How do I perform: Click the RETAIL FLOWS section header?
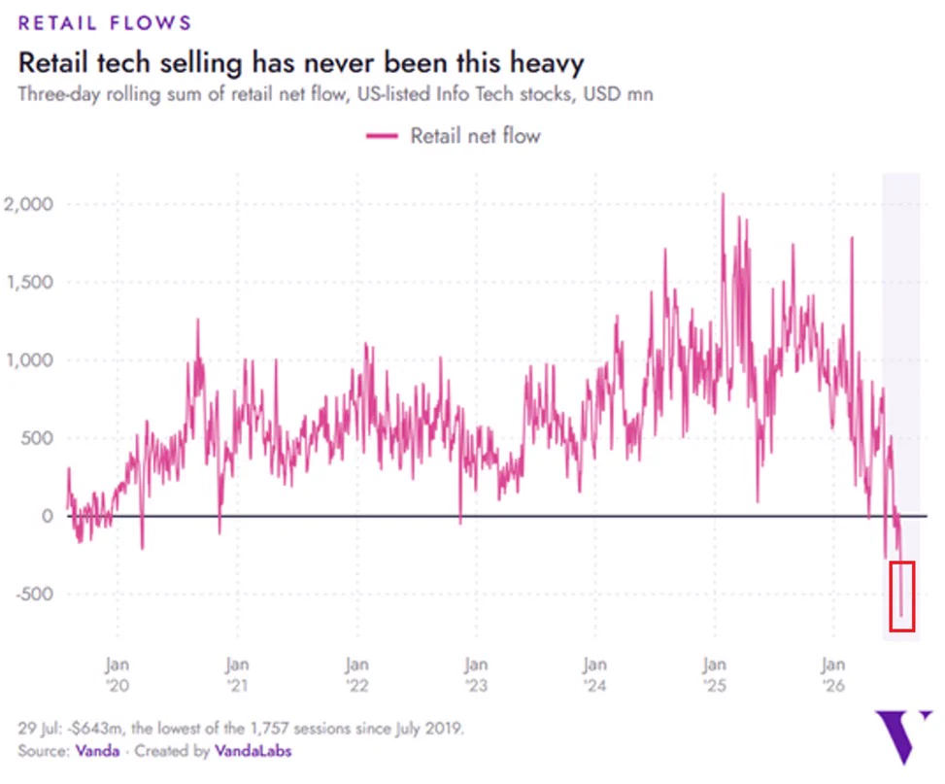point(105,23)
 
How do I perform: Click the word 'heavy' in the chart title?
point(547,63)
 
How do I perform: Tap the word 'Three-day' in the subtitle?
point(59,94)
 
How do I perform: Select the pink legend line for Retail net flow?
point(382,136)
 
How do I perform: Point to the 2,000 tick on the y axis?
point(28,204)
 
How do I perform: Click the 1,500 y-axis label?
point(29,283)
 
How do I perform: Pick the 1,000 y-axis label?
point(29,360)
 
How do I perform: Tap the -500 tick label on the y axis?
point(34,594)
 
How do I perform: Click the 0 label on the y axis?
point(47,516)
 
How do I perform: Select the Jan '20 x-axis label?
point(118,675)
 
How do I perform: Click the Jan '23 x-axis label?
point(476,675)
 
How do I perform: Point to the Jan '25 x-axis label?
point(714,675)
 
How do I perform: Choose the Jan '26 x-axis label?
point(833,675)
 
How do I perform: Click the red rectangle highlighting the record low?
point(891,597)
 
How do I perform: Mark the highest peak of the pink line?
point(724,194)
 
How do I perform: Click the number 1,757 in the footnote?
point(267,729)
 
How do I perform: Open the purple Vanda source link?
point(97,751)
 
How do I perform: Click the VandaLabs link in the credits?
point(253,751)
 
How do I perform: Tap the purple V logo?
point(903,737)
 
